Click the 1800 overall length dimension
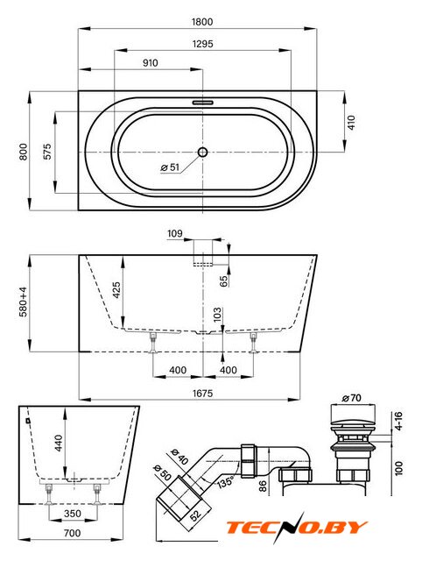[202, 22]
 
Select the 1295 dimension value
[202, 44]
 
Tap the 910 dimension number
[150, 63]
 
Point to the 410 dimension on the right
[352, 123]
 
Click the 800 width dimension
[24, 152]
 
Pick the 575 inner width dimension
[47, 152]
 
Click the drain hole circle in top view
[202, 152]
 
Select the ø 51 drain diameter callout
[170, 167]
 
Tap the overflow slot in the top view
[203, 103]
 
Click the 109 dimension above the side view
[175, 234]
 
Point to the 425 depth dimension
[116, 290]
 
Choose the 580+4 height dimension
[24, 302]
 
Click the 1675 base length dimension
[202, 394]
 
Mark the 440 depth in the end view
[59, 443]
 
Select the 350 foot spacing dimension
[73, 514]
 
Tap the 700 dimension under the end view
[72, 533]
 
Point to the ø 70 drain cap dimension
[352, 398]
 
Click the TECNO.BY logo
[297, 527]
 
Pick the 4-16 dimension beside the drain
[398, 421]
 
